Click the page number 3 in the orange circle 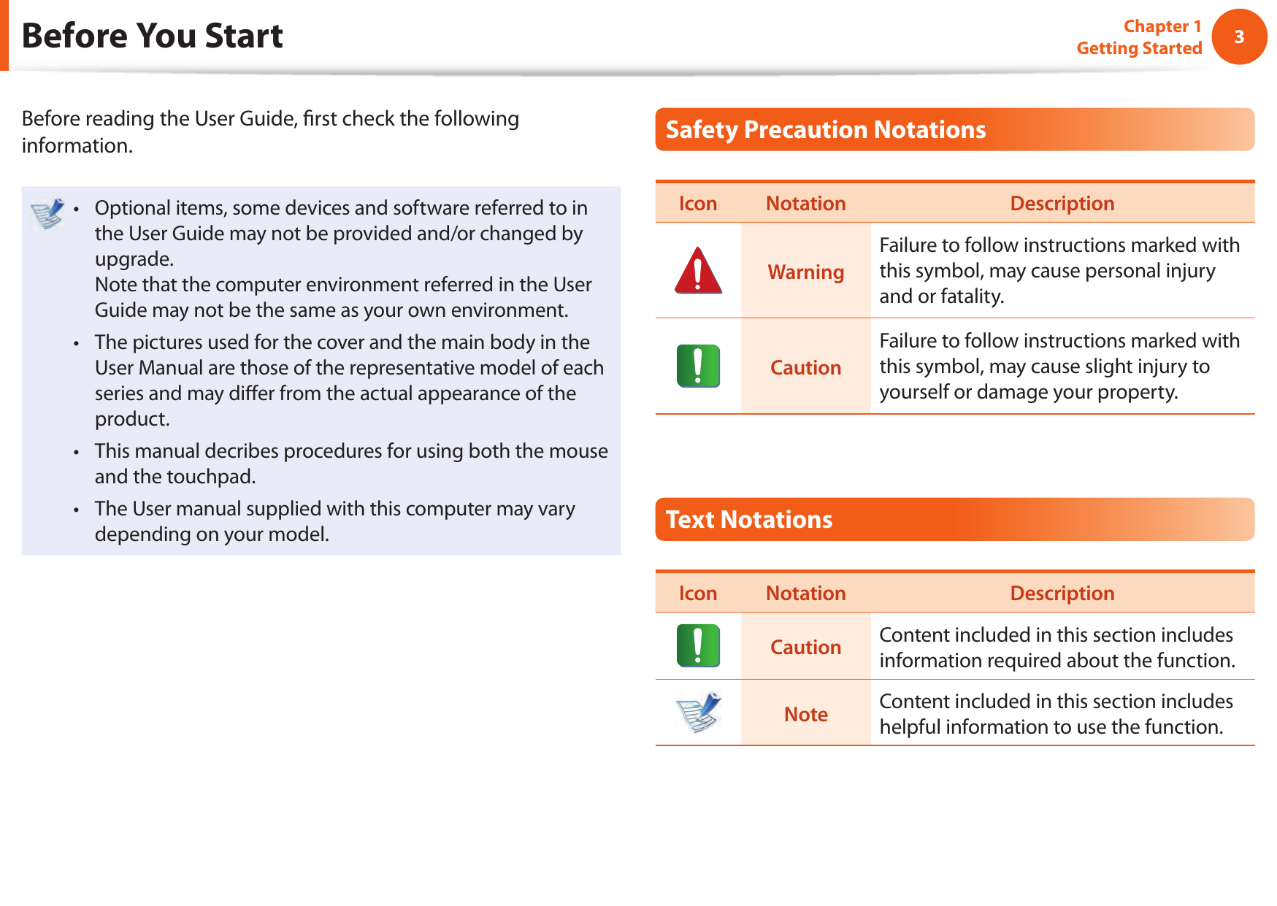1239,37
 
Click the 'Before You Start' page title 152,36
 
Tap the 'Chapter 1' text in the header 1162,26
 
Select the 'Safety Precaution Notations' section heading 825,130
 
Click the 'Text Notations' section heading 748,520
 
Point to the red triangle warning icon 698,271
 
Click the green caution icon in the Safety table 698,366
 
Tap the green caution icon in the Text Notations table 698,646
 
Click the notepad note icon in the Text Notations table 698,713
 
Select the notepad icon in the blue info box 48,213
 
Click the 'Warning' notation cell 805,272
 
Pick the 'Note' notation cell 805,714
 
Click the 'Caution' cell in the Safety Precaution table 805,367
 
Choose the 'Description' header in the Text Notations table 1062,593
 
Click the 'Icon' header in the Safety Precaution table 697,204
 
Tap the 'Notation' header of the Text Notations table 805,593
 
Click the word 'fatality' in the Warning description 971,296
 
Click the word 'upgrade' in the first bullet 132,259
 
